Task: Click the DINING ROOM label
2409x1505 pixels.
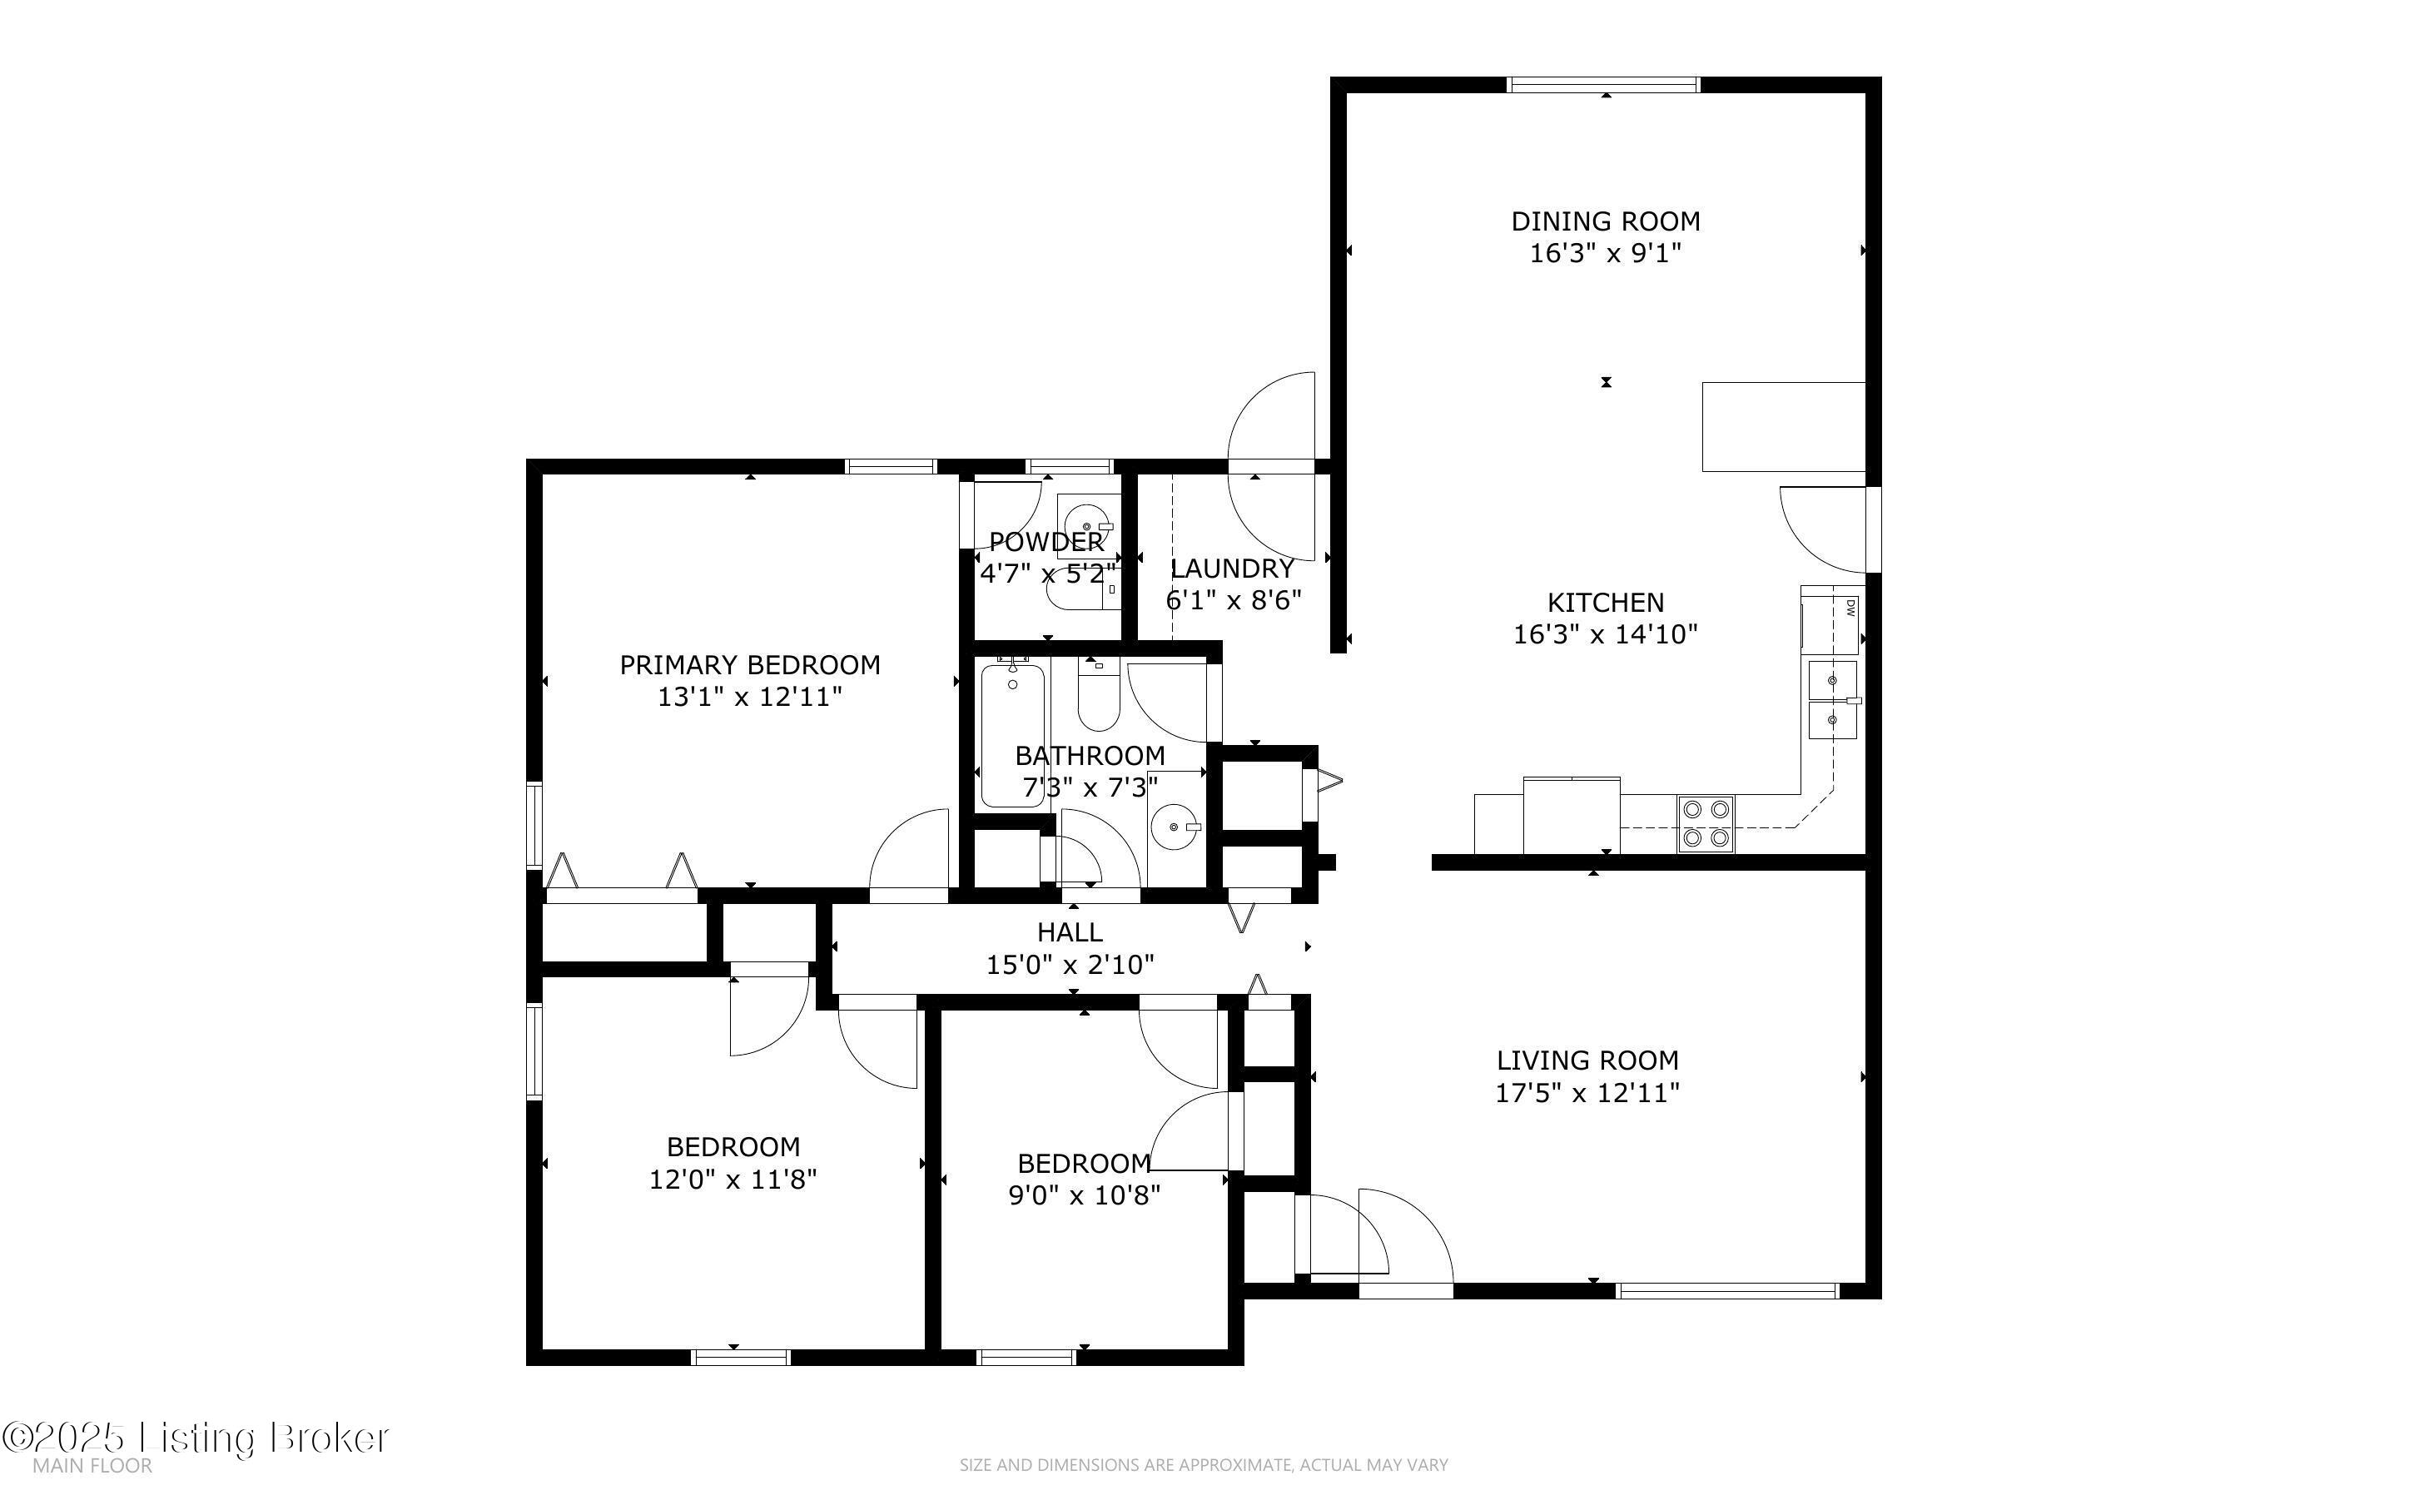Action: (1605, 221)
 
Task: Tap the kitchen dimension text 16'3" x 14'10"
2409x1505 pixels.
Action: (1605, 634)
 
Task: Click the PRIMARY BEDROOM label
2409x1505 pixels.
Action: (749, 665)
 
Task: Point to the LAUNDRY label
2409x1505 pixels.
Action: (1232, 569)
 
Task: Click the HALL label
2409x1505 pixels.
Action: (1070, 932)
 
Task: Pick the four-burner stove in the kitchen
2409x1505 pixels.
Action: (1706, 824)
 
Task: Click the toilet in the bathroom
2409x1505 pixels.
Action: (1100, 693)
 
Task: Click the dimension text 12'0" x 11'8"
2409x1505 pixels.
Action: (733, 1180)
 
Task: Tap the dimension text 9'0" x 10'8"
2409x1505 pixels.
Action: (1085, 1195)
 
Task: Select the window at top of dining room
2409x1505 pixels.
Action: (1604, 85)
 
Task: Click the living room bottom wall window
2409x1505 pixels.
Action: (1727, 1291)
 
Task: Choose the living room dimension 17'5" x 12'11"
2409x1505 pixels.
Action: (1587, 1093)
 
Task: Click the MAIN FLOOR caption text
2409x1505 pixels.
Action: (92, 1466)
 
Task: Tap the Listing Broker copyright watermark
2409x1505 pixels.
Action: (195, 1438)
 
